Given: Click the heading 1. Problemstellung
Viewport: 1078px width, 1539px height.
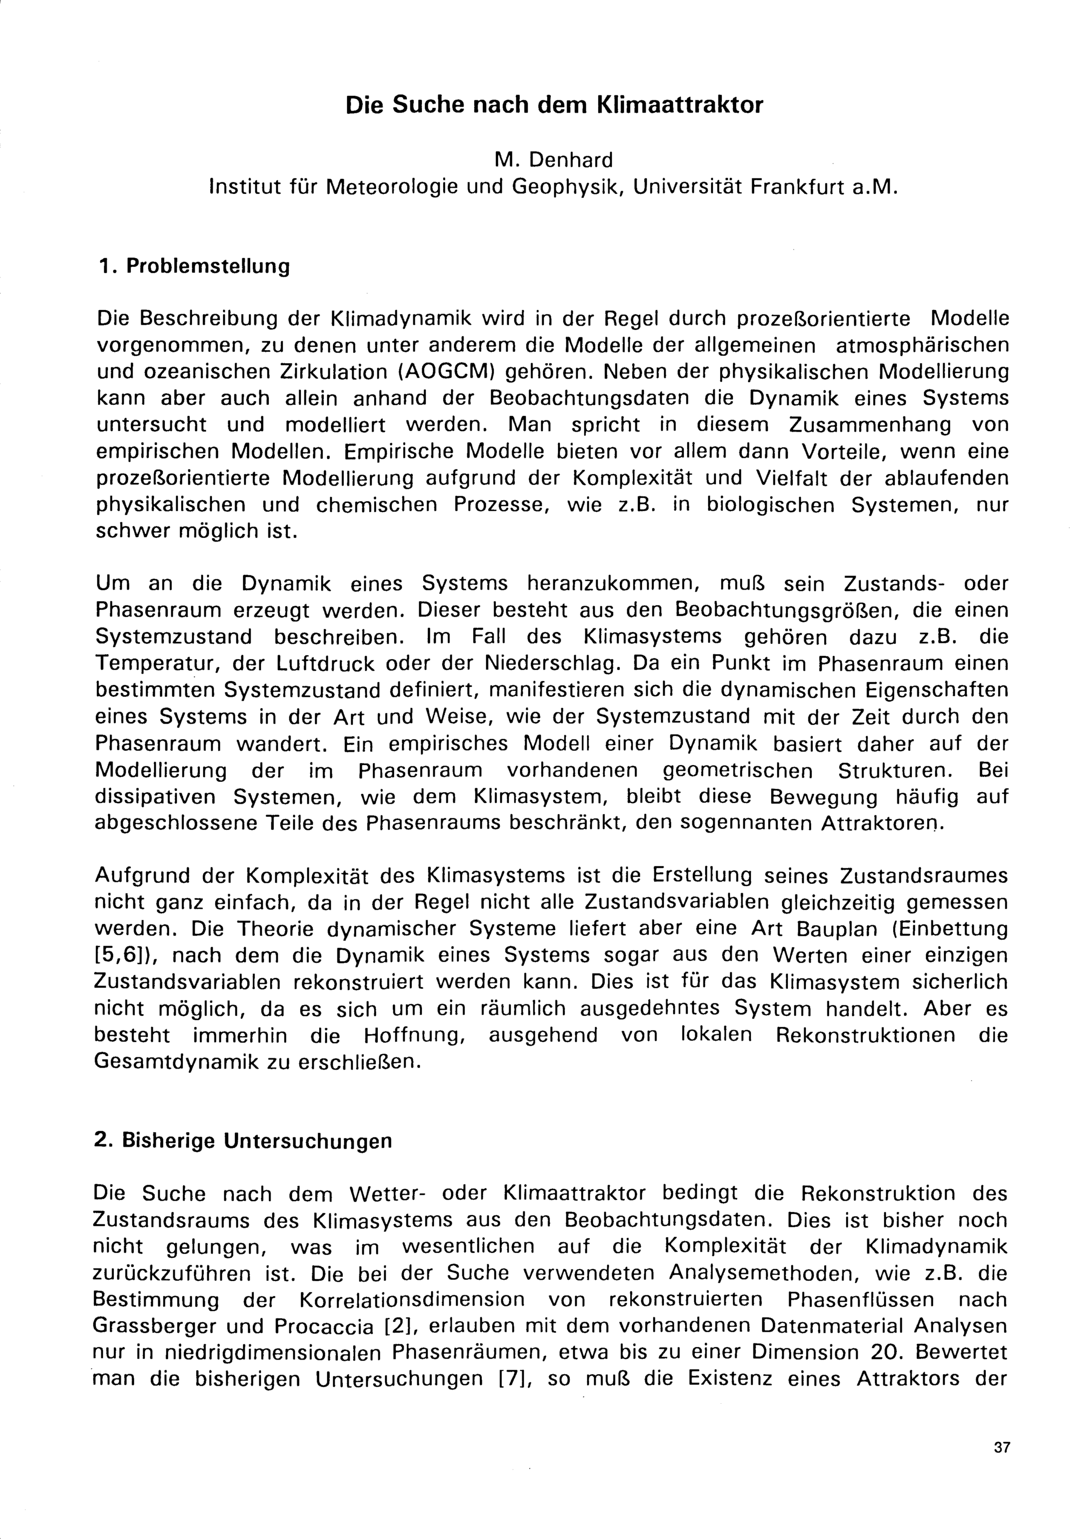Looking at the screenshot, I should (194, 266).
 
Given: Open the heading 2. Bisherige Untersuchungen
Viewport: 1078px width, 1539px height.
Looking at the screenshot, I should (243, 1141).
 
